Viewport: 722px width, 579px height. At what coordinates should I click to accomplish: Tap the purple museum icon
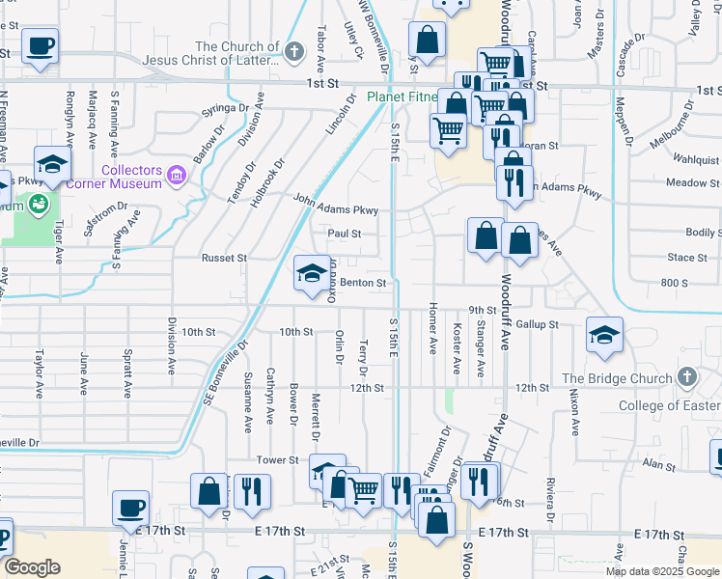click(x=177, y=176)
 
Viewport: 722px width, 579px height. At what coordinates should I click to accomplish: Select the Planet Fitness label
click(x=403, y=97)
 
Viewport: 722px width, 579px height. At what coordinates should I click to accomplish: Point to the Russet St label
click(x=224, y=259)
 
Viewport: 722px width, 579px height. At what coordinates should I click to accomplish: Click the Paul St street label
click(x=344, y=234)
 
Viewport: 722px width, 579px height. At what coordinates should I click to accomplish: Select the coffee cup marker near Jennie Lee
click(x=130, y=508)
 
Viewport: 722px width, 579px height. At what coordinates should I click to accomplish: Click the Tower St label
click(x=277, y=460)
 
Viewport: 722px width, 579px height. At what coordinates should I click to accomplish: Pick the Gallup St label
click(x=537, y=324)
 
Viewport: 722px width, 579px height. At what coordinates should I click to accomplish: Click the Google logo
click(x=32, y=567)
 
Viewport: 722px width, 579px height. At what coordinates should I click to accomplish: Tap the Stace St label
click(x=687, y=258)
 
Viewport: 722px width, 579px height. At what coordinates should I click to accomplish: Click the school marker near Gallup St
click(x=604, y=336)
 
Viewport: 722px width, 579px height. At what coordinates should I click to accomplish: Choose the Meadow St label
click(x=686, y=182)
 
